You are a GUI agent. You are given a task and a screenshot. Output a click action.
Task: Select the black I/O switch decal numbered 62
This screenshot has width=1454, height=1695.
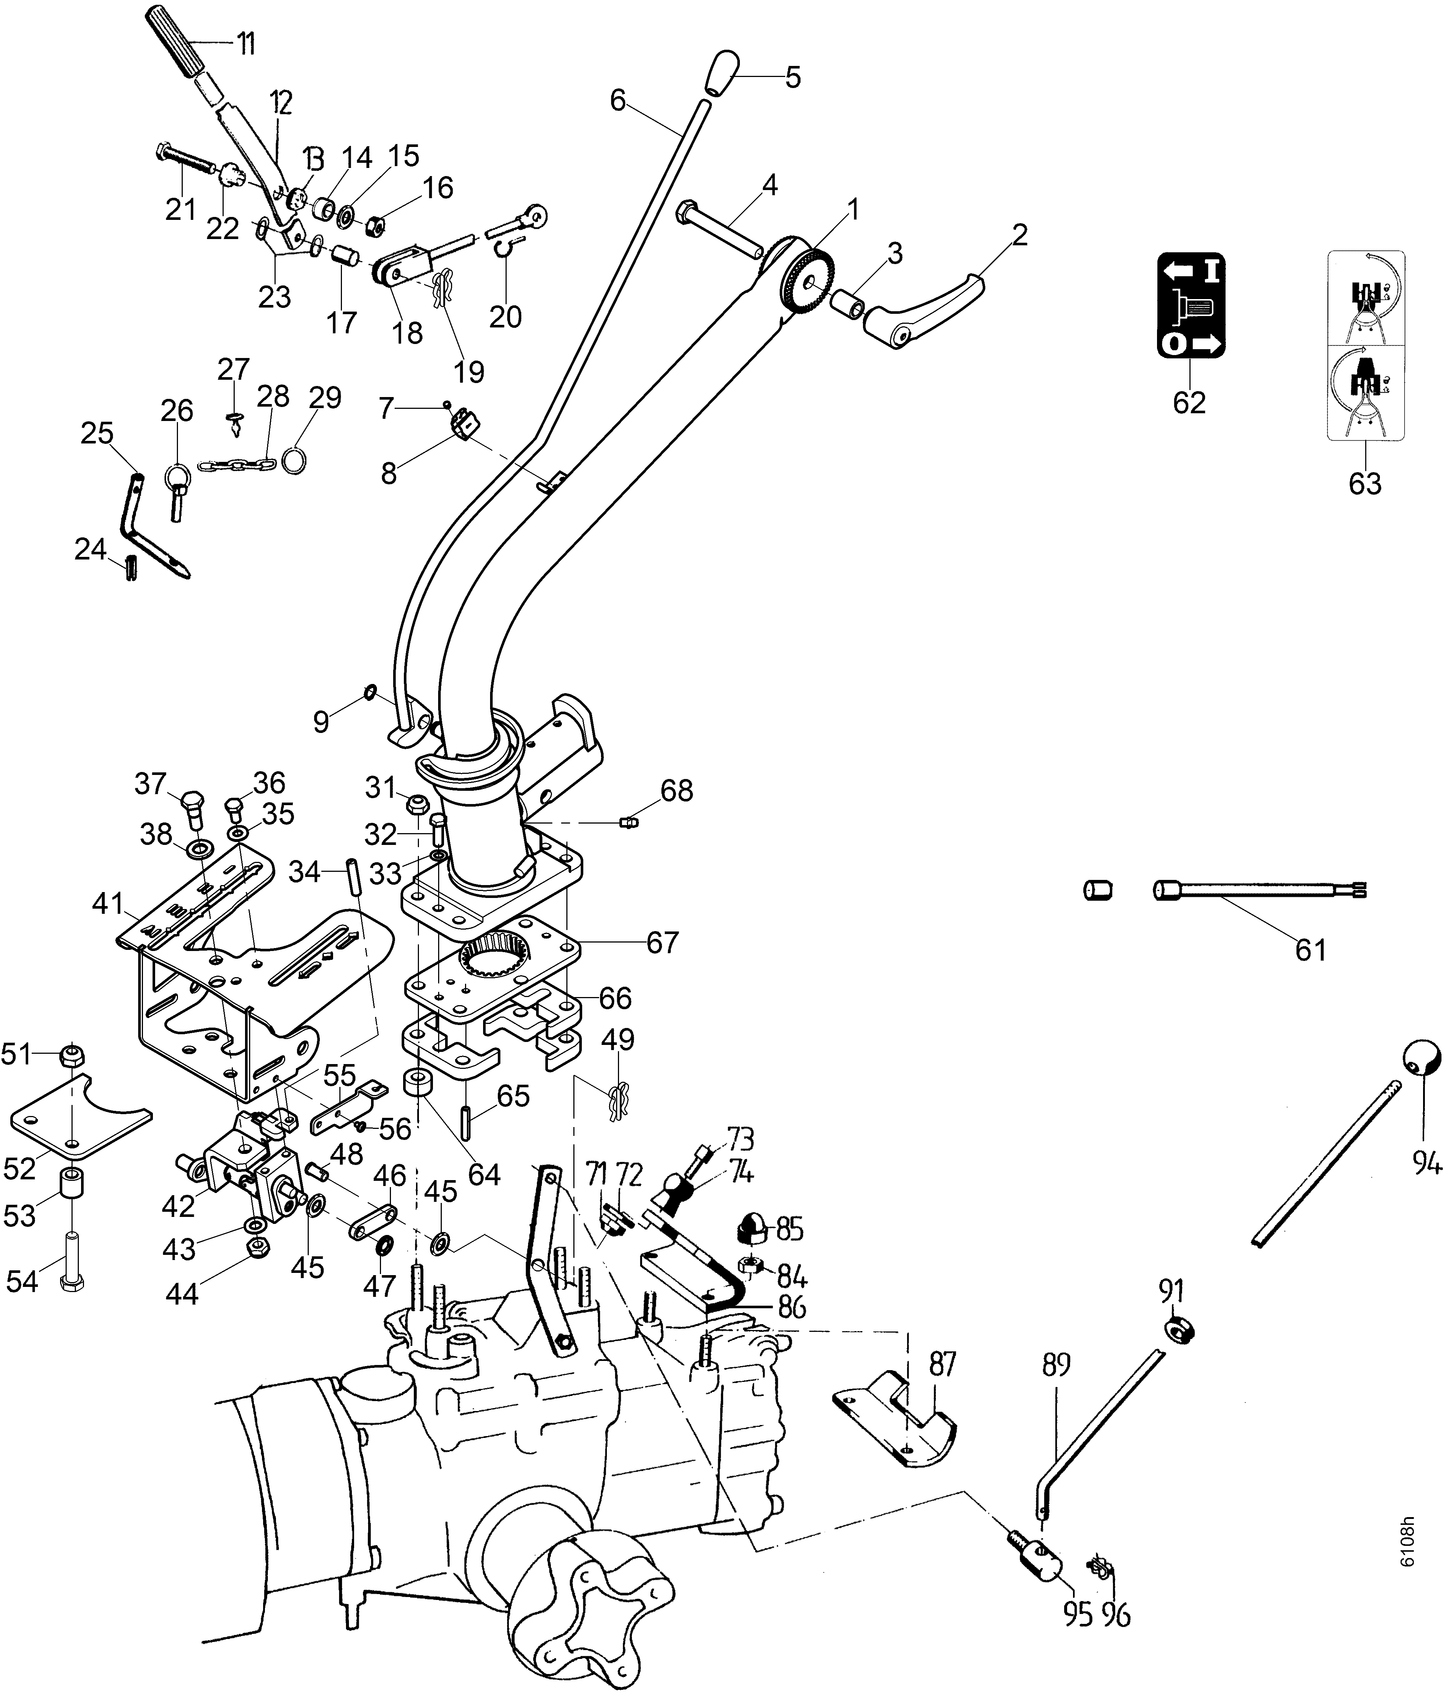[x=1191, y=305]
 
